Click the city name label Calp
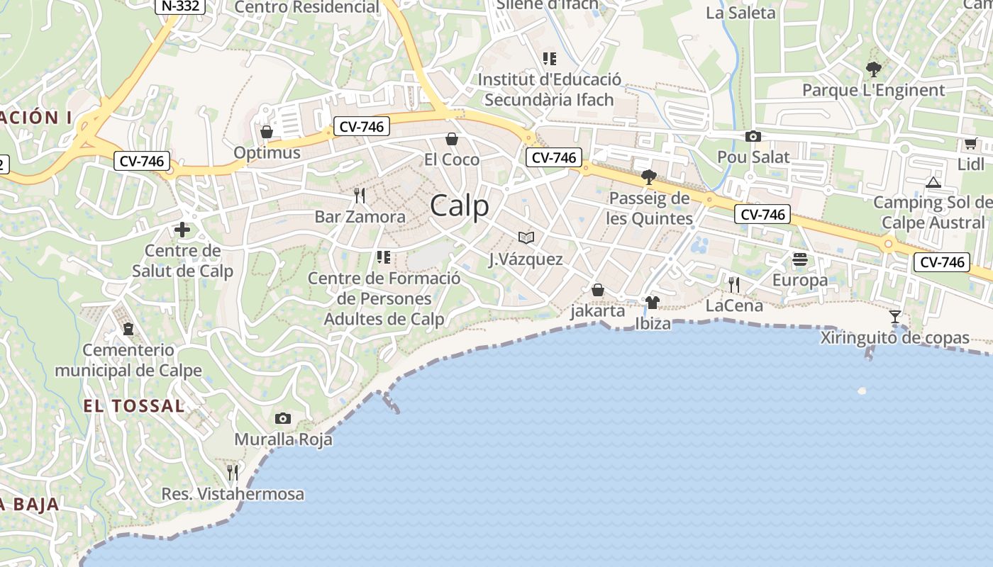pos(460,206)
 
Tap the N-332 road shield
pos(180,6)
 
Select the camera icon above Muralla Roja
pos(283,418)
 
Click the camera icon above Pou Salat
pos(753,136)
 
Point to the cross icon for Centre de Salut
pos(182,230)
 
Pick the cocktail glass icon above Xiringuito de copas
pos(895,317)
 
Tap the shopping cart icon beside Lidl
pos(970,144)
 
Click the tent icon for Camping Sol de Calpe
pos(933,182)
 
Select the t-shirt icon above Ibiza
pos(653,303)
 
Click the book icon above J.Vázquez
pos(526,237)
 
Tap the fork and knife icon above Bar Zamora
pos(360,195)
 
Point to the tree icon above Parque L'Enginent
pos(874,69)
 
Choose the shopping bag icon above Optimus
pos(267,132)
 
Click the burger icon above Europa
pos(800,259)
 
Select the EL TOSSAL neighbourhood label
pos(133,406)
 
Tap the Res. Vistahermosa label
pos(233,494)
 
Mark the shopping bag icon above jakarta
pos(598,290)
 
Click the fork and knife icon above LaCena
pos(734,284)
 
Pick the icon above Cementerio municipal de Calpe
pos(128,329)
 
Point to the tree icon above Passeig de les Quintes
pos(648,176)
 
